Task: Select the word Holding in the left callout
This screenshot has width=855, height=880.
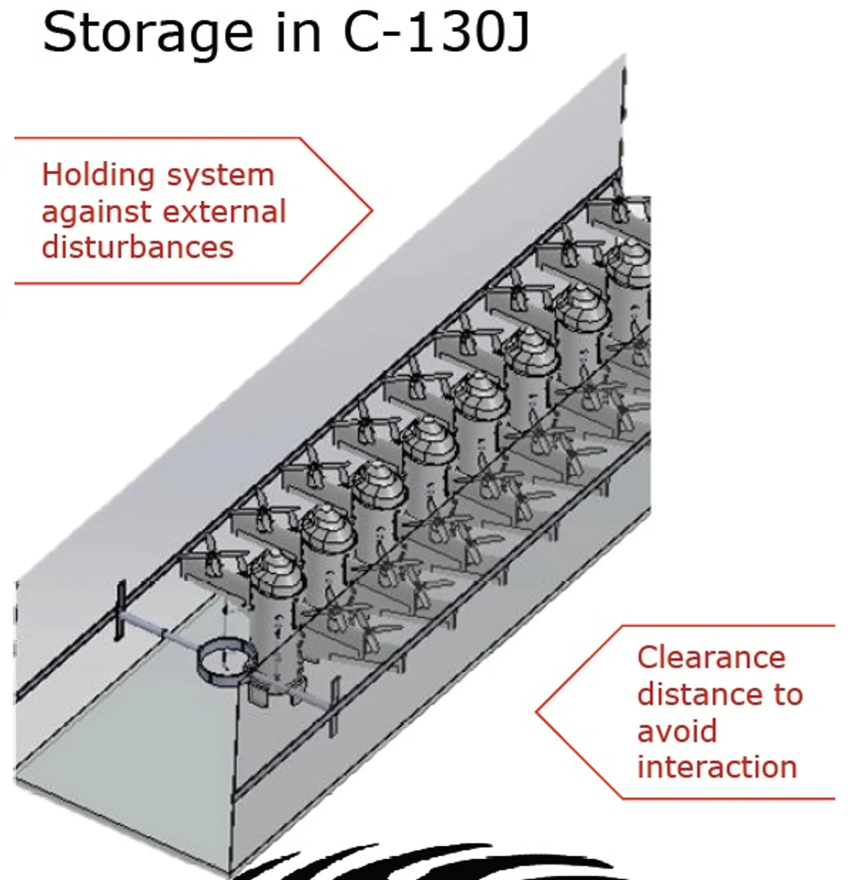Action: click(98, 175)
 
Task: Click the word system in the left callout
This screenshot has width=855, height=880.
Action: click(220, 176)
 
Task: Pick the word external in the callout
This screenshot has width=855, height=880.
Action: click(224, 211)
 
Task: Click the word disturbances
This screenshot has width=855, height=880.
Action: click(138, 247)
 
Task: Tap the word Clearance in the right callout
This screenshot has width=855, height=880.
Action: click(711, 658)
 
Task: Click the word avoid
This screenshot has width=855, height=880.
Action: click(677, 731)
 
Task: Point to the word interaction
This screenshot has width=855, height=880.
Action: click(717, 767)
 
